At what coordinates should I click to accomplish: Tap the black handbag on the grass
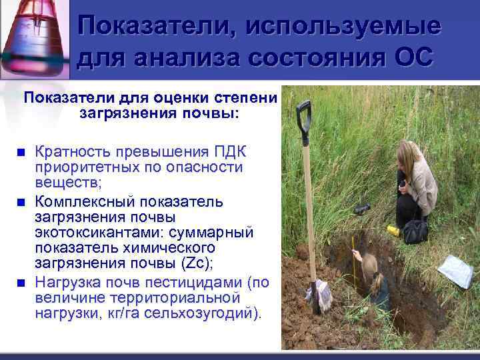[415, 231]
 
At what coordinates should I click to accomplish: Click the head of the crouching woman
[407, 155]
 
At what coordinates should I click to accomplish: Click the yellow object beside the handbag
[394, 230]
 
